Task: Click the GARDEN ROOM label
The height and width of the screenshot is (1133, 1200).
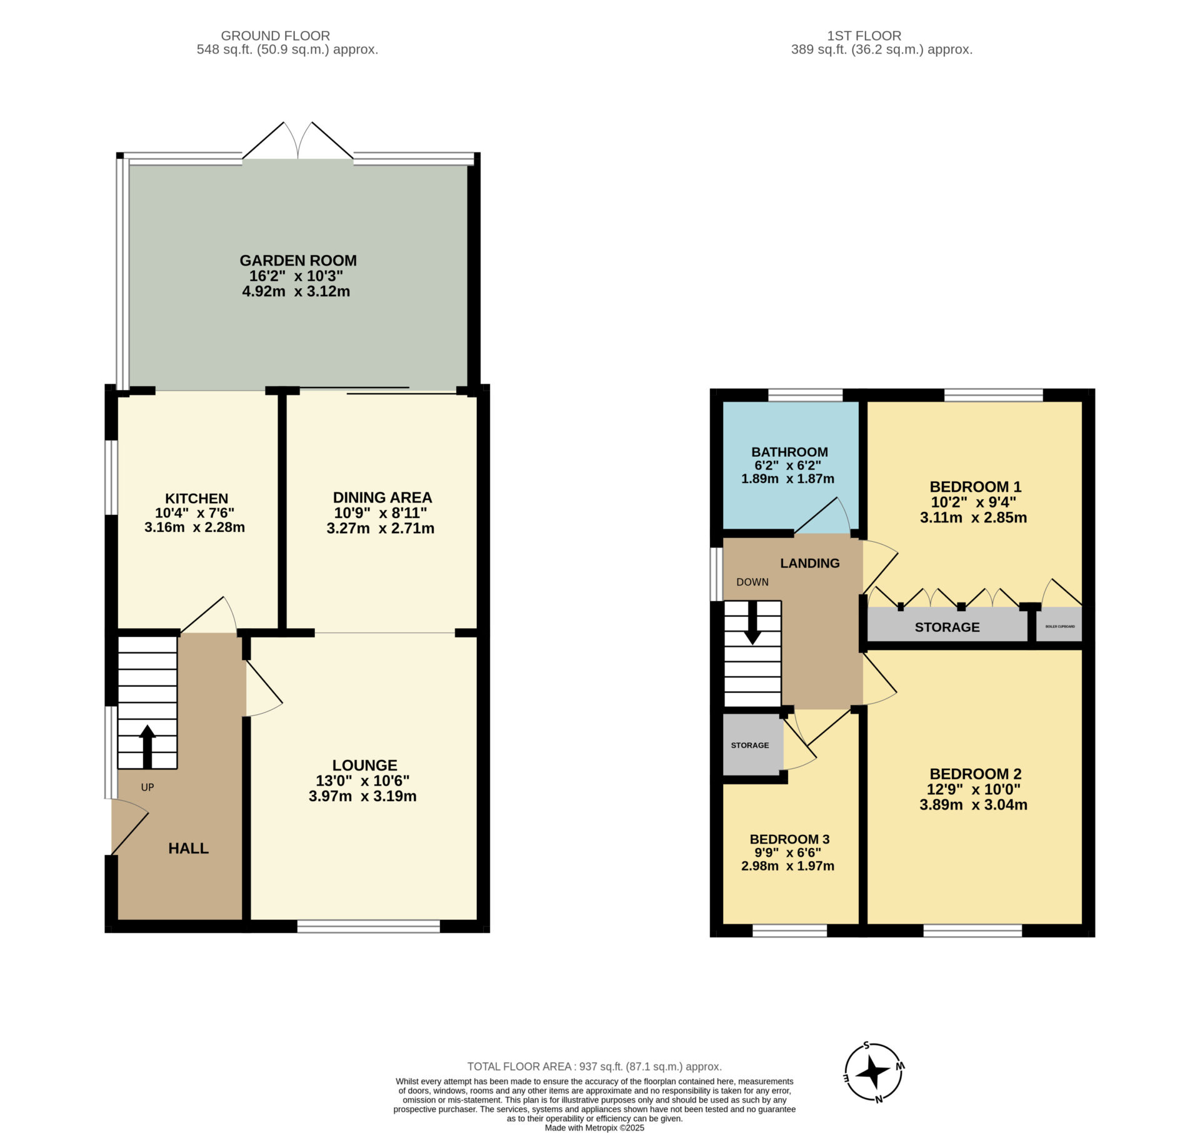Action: click(298, 261)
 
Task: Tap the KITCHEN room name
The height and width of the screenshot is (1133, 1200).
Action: click(196, 499)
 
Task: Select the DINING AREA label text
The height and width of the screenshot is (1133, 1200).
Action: click(382, 497)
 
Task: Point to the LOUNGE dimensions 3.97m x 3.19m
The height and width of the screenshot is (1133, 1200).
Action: click(362, 796)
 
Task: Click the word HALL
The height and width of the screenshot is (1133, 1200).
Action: click(188, 848)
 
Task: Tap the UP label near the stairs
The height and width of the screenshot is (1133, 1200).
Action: click(147, 787)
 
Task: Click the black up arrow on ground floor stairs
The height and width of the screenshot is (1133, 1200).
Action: click(147, 746)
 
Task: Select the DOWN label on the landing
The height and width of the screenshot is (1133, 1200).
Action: click(752, 582)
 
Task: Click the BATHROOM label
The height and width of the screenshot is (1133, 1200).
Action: click(789, 452)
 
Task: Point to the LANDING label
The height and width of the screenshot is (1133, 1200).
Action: click(810, 563)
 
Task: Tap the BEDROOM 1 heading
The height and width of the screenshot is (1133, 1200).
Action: click(976, 487)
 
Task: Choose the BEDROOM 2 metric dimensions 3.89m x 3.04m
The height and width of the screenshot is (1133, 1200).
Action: click(974, 805)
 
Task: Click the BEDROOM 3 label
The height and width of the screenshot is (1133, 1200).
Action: click(789, 839)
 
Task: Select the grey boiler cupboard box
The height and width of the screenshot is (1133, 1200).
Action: click(1059, 624)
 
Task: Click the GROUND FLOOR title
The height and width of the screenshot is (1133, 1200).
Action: click(275, 36)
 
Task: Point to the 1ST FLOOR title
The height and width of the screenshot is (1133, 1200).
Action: click(864, 36)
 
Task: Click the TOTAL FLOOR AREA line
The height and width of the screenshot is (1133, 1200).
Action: click(594, 1066)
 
